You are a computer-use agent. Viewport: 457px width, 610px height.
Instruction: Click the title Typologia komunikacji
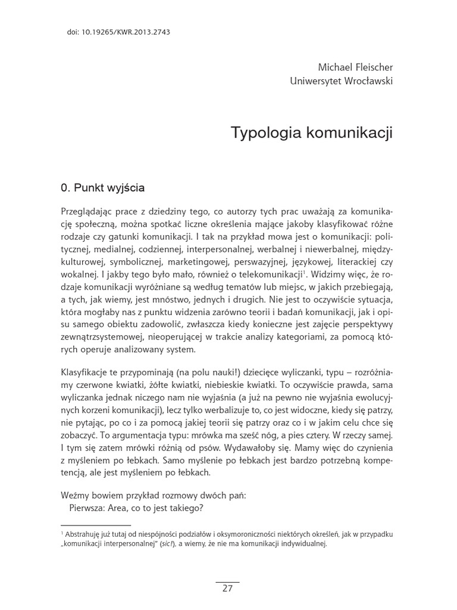(x=312, y=133)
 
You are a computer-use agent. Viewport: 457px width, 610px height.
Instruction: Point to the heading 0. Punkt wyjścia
(x=102, y=188)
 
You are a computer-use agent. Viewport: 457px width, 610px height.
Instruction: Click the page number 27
(x=227, y=589)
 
